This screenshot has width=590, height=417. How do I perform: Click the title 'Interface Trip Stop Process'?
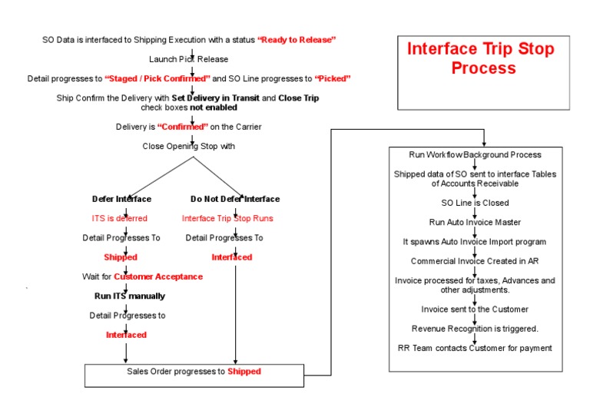coord(480,58)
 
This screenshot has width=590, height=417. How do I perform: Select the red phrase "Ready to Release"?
coord(297,39)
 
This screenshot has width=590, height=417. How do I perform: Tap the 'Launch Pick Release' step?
coord(188,59)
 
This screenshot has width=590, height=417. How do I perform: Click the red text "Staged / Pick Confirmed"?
coord(157,78)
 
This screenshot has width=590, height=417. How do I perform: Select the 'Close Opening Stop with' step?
coord(188,146)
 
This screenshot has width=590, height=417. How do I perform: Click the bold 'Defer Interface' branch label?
coord(121,199)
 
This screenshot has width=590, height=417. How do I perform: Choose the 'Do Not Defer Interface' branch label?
coord(235,199)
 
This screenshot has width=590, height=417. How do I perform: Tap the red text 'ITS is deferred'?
coord(119,218)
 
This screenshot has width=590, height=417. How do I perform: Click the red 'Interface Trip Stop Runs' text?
coord(227,218)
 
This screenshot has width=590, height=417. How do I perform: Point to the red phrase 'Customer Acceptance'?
coord(158,276)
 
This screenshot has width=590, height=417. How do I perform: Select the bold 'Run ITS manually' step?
coord(124,296)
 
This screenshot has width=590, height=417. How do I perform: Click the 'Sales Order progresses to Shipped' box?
coord(194,372)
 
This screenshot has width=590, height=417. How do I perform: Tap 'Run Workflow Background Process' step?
coord(475,154)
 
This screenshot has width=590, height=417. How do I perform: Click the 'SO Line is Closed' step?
coord(475,203)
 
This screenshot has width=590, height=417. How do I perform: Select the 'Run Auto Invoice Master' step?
coord(475,222)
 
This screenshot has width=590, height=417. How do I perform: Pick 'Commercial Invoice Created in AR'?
coord(475,261)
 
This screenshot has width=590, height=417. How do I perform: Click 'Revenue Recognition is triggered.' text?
coord(475,329)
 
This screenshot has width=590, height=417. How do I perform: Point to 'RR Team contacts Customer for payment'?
coord(475,348)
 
